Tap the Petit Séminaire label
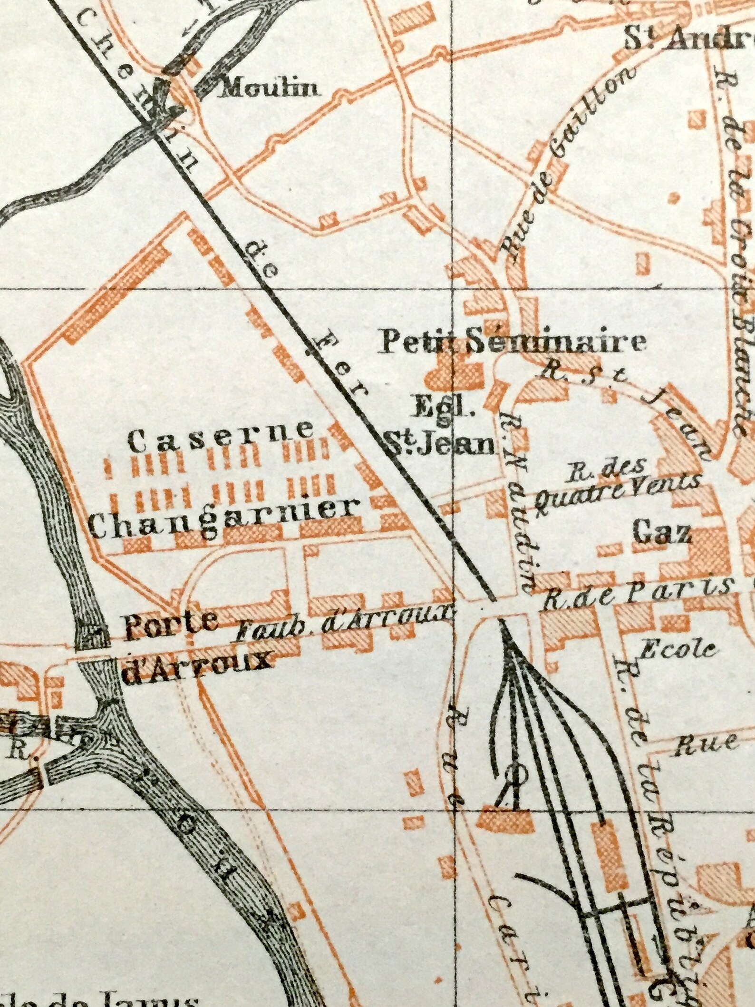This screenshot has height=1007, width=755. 512,342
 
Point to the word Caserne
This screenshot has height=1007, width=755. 221,440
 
